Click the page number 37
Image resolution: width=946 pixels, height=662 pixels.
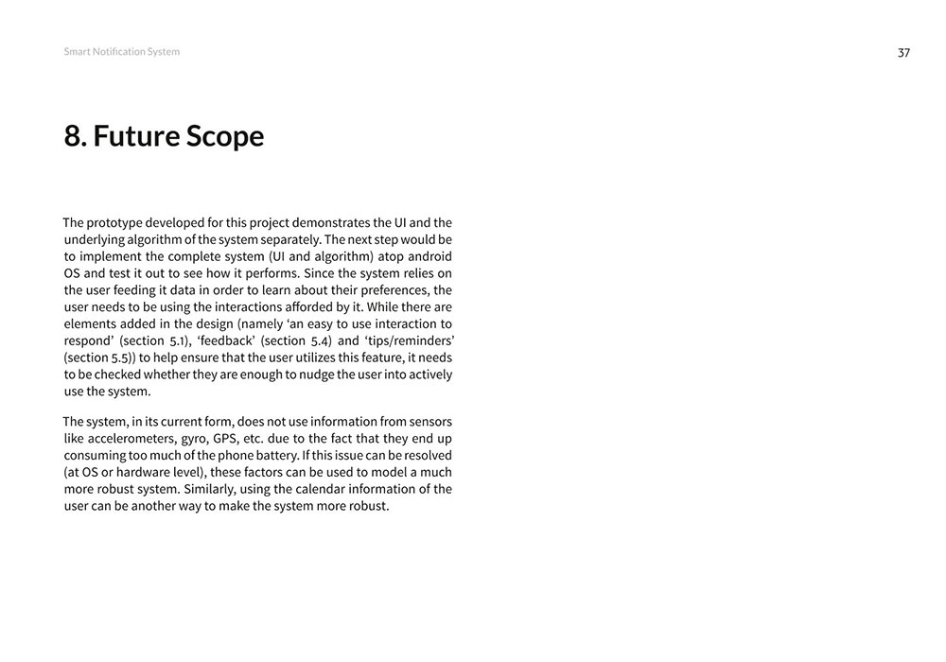[x=903, y=53]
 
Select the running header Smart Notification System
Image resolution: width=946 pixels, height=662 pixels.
[x=121, y=52]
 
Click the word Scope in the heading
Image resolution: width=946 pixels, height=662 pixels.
[x=225, y=137]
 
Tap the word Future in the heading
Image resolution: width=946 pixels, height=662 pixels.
[x=135, y=137]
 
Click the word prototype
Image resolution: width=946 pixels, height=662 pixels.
[x=122, y=222]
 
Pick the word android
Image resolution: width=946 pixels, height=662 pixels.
[x=427, y=256]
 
